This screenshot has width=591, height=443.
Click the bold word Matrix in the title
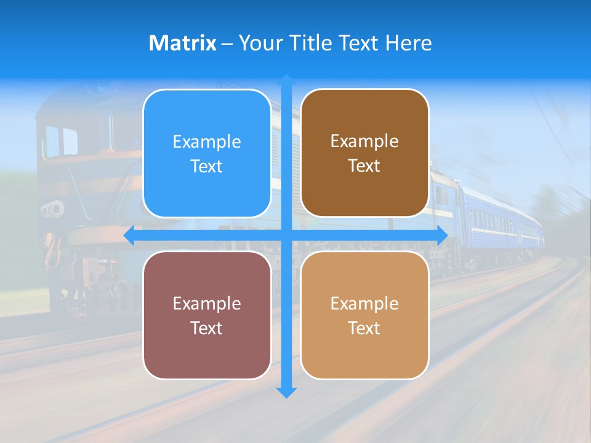click(182, 43)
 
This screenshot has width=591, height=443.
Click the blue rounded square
click(207, 153)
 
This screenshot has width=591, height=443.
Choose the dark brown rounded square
click(364, 153)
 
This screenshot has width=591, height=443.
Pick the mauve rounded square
click(207, 315)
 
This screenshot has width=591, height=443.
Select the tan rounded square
click(364, 315)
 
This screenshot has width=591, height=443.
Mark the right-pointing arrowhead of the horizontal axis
click(441, 235)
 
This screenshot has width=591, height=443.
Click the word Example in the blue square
click(207, 142)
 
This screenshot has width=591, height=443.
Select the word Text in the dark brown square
click(364, 166)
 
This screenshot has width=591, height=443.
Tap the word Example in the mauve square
click(207, 303)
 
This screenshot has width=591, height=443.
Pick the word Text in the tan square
click(364, 328)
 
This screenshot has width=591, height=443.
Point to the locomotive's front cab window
click(62, 140)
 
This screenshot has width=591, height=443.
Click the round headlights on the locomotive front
click(53, 209)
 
